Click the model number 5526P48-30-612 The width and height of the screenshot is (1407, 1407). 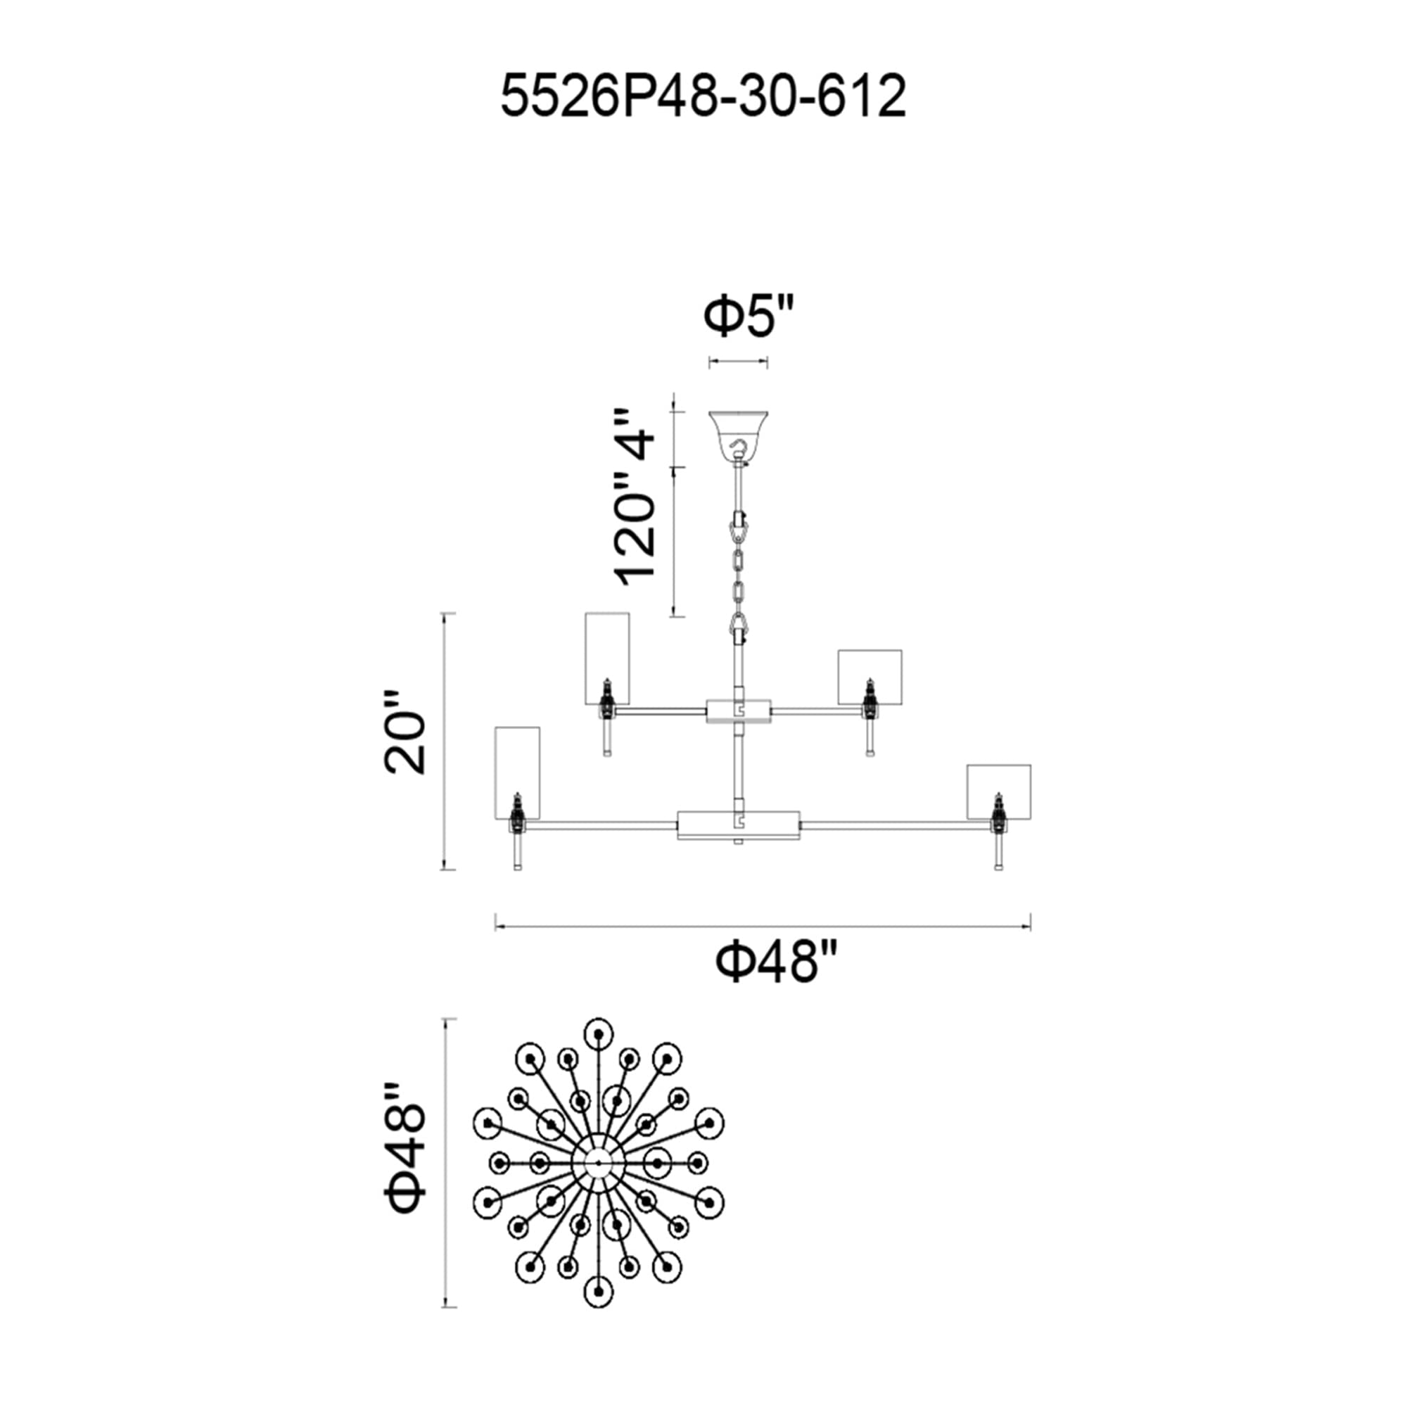(x=703, y=98)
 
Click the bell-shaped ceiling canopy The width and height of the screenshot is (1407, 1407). (x=739, y=436)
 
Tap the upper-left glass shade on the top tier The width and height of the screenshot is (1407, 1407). (x=607, y=658)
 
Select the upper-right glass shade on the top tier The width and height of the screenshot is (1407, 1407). (x=870, y=677)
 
